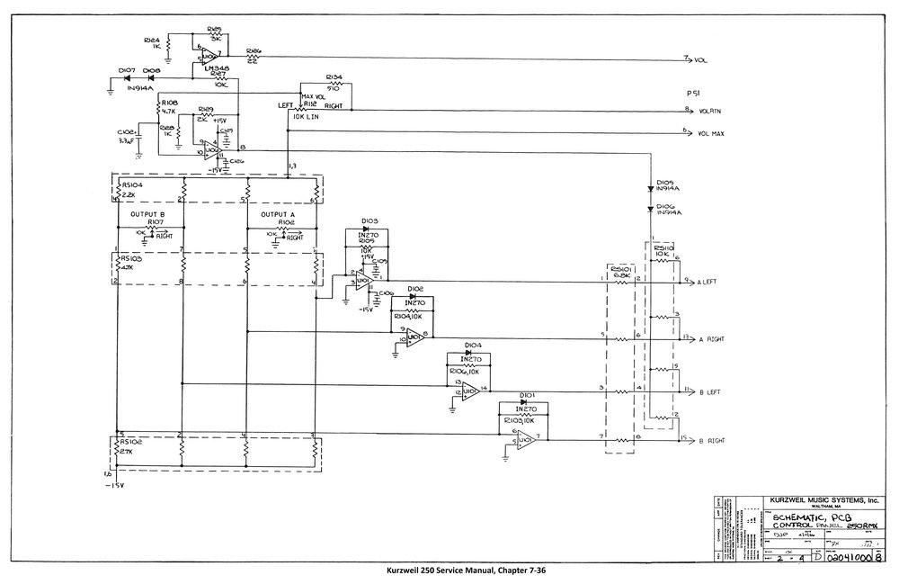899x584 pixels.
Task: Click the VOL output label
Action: coord(700,59)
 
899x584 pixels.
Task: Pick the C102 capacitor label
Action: coord(126,131)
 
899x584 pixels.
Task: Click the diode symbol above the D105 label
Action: coord(650,190)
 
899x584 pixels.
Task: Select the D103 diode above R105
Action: coord(371,228)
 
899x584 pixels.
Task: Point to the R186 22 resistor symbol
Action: coord(253,58)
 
